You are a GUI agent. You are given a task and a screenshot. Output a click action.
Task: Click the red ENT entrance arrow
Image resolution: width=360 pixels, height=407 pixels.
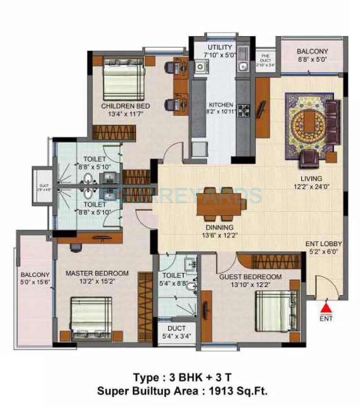[x=326, y=308]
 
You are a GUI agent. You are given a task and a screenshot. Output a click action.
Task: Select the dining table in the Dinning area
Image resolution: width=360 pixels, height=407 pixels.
[x=220, y=204]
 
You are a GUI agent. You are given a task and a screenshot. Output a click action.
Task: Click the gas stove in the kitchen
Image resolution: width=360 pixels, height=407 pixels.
[x=243, y=109]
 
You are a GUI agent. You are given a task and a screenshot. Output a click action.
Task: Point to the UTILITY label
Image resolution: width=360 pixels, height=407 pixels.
[x=220, y=48]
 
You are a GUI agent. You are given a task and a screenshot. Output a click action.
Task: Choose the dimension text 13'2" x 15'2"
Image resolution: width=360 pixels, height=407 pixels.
[x=97, y=281]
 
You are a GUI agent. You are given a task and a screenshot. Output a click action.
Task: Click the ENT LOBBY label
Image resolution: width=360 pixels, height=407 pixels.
[x=324, y=244]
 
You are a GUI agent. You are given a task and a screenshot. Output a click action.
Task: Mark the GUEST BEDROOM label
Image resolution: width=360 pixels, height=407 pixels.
[x=250, y=277]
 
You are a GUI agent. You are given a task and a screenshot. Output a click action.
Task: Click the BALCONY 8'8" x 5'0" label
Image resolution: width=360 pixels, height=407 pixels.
[x=312, y=51]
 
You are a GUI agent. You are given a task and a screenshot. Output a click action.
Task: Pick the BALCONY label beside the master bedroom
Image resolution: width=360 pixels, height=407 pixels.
[x=35, y=275]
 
